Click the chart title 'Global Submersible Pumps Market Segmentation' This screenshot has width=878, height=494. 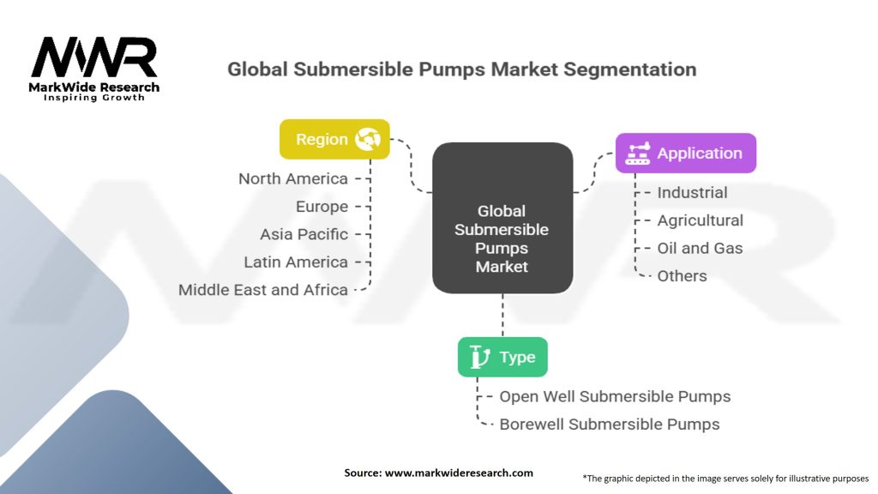coord(461,69)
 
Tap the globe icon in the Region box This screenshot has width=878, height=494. coord(369,139)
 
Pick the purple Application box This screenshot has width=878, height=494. coord(686,154)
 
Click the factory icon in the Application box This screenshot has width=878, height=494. coord(637,154)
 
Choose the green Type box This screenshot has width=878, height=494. coord(502,357)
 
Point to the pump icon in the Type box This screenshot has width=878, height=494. coord(481,357)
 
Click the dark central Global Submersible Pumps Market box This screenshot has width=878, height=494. coord(502,219)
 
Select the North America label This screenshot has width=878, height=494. coord(293,178)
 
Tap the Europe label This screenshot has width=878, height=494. coord(322,207)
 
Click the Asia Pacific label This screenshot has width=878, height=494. coord(304,234)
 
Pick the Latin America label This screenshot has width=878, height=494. coord(296,262)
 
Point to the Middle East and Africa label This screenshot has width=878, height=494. coord(263,289)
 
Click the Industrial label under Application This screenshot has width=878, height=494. coord(692,193)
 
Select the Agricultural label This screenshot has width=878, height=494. coord(700,220)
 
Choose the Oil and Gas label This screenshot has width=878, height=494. coord(700,248)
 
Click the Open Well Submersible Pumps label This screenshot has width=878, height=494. coord(615,396)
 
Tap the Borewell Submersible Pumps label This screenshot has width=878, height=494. coord(610,424)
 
